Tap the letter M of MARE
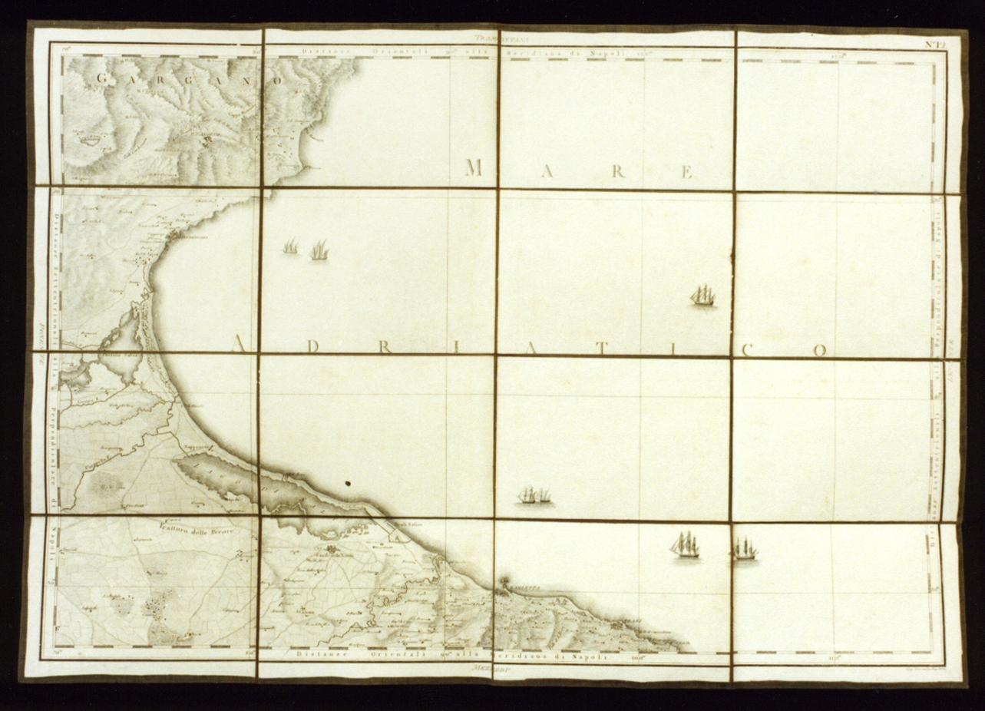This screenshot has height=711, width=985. click(474, 167)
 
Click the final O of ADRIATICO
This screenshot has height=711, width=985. click(820, 352)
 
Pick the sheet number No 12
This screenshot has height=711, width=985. click(934, 44)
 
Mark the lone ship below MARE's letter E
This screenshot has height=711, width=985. click(702, 295)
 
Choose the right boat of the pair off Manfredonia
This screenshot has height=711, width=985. click(319, 250)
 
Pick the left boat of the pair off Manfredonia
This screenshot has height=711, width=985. click(290, 247)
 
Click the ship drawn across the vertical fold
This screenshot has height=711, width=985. click(743, 548)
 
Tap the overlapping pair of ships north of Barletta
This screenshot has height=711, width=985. click(534, 495)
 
